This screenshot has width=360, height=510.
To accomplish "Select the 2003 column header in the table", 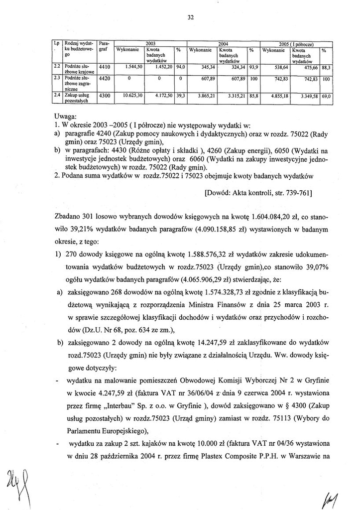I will tap(150, 44).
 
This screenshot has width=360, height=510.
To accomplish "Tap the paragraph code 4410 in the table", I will tap(104, 67).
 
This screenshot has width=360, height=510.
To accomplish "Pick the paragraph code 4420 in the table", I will tap(104, 78).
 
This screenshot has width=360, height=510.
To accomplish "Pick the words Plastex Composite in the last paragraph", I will tap(233, 454).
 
